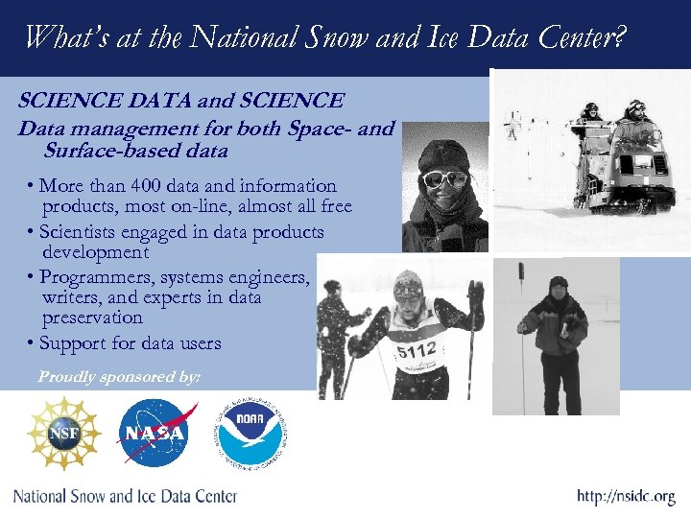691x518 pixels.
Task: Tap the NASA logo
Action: point(154,434)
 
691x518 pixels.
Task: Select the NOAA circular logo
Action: point(251,434)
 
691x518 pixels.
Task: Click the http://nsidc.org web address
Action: point(626,496)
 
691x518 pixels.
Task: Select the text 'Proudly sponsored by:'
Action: point(118,377)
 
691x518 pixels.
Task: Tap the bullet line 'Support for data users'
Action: point(131,343)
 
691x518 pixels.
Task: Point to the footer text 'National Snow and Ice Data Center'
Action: point(125,496)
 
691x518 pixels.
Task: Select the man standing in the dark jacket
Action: point(555,336)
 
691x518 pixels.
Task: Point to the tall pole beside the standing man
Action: point(521,317)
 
